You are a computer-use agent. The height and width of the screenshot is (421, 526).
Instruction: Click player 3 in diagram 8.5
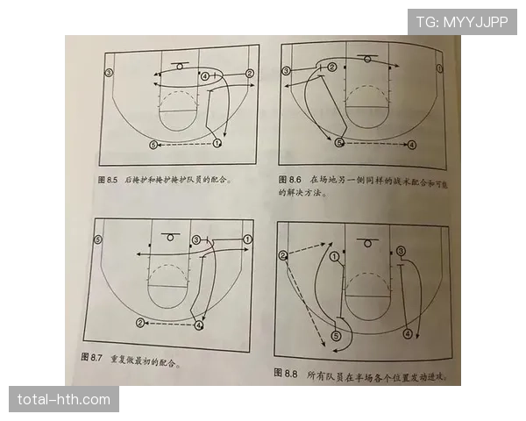pos(109,72)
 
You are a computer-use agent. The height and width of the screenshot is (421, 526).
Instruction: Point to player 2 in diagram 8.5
pos(250,74)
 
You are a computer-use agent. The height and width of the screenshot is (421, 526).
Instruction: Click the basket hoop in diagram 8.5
pos(180,66)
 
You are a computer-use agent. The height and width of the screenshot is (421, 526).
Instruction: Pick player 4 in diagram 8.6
pos(412,144)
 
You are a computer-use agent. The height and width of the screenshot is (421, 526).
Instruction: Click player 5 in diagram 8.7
pos(98,239)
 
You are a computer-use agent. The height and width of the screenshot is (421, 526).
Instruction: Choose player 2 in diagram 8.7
pos(140,324)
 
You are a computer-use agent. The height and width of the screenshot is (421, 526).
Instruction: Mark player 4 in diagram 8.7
pos(200,325)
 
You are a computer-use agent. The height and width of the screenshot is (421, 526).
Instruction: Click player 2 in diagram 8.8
pos(283,255)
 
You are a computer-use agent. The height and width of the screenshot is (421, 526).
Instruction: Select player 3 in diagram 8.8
pos(401,251)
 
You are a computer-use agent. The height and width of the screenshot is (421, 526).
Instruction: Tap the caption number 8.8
pos(290,374)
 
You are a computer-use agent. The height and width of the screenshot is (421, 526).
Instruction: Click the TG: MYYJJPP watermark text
pos(462,21)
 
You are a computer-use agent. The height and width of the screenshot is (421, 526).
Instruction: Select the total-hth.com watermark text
pos(63,400)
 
